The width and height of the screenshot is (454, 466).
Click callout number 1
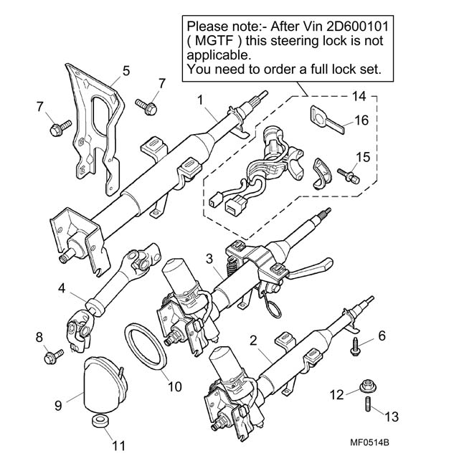tap(201, 98)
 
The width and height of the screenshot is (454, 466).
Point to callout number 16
tap(361, 121)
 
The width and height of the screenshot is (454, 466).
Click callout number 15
tap(363, 156)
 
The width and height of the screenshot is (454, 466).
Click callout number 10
tap(174, 386)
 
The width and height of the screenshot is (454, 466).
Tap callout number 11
tap(113, 444)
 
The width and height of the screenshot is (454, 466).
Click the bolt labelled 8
tap(52, 353)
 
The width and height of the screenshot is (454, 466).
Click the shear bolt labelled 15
tap(350, 173)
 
